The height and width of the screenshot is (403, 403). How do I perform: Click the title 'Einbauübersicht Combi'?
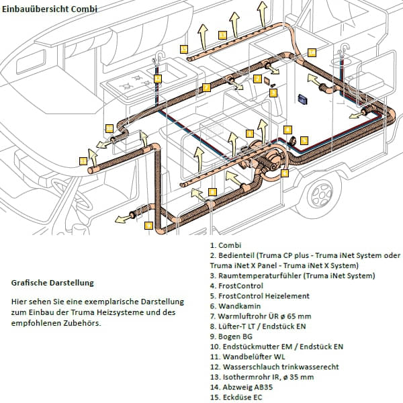click(50, 9)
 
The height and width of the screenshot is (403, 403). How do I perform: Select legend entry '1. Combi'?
click(226, 245)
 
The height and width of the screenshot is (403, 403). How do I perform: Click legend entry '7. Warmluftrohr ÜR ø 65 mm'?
click(261, 316)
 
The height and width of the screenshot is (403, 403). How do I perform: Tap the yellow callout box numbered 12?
click(157, 79)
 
